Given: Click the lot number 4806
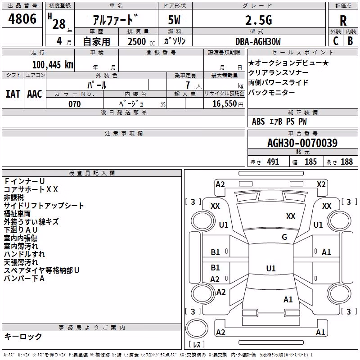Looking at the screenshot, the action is [22, 19].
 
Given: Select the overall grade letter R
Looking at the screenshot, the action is [343, 21].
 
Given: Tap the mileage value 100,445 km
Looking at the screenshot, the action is [53, 65].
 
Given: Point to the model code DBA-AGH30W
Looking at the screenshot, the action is [258, 41].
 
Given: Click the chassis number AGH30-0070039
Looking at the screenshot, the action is [302, 143].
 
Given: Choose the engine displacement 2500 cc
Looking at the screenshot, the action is [141, 41].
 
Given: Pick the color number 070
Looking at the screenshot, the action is [75, 104].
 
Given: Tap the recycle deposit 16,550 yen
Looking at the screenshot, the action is [228, 104].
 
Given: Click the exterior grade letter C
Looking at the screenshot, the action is [336, 41].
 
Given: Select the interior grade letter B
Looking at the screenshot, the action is [350, 41].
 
